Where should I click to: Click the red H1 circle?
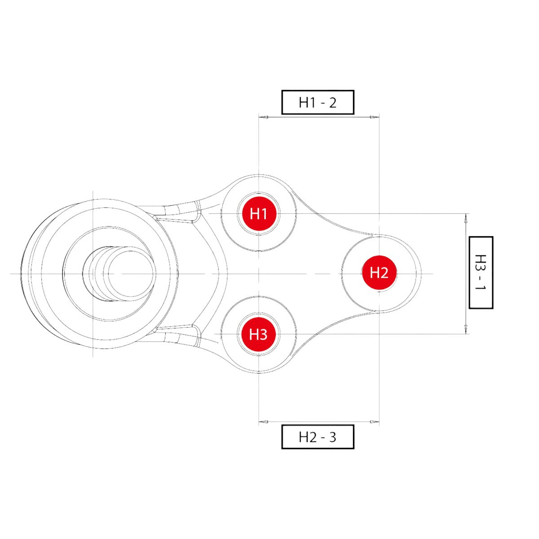coord(259,214)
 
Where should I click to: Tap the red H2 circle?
coord(379,273)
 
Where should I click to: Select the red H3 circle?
coord(258,334)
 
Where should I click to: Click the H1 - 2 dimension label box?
coord(318,102)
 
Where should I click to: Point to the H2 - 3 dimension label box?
coord(318,437)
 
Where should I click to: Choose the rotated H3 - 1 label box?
coord(481,273)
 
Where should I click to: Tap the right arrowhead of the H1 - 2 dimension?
coord(375,117)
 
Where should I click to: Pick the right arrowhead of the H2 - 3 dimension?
coord(375,422)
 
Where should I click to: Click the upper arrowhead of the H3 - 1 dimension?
coord(466,218)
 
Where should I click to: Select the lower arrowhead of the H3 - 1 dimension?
coord(466,329)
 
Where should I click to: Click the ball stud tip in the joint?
coord(132,274)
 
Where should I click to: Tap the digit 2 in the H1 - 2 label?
coord(332,103)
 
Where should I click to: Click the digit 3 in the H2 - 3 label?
coord(332,437)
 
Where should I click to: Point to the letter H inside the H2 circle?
coord(374,273)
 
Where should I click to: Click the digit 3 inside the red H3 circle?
coord(264,335)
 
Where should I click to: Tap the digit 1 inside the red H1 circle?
coord(264,214)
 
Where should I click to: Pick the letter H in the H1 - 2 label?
coord(304,103)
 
